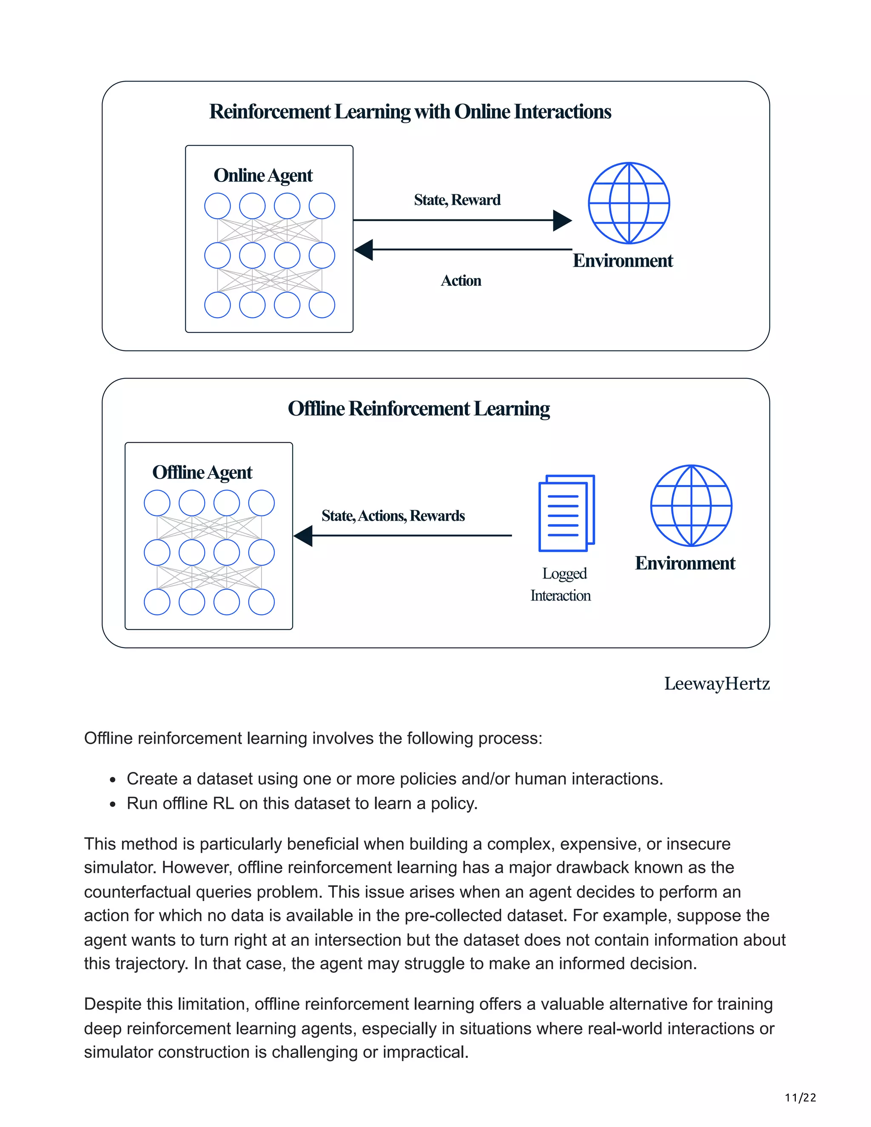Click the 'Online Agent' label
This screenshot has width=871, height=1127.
(x=263, y=176)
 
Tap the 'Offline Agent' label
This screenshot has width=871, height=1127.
(x=202, y=472)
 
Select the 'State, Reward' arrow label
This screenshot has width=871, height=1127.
(x=457, y=200)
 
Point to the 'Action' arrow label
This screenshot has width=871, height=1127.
(x=461, y=281)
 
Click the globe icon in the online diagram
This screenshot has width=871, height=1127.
(x=629, y=203)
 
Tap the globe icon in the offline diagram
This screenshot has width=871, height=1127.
(x=691, y=506)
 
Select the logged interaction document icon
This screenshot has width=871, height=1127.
(x=566, y=513)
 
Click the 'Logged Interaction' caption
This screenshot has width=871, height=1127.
(x=561, y=585)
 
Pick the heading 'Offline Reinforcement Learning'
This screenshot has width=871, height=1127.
(x=418, y=409)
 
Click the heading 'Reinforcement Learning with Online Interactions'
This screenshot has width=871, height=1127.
(x=410, y=112)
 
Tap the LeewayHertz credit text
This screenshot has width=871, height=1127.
(x=717, y=684)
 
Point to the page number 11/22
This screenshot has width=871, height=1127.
(x=800, y=1098)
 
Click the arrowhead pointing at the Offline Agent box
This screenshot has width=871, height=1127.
(x=303, y=535)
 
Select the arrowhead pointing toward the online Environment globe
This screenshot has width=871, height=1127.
(x=562, y=220)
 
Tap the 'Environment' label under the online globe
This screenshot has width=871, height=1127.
(x=623, y=261)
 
